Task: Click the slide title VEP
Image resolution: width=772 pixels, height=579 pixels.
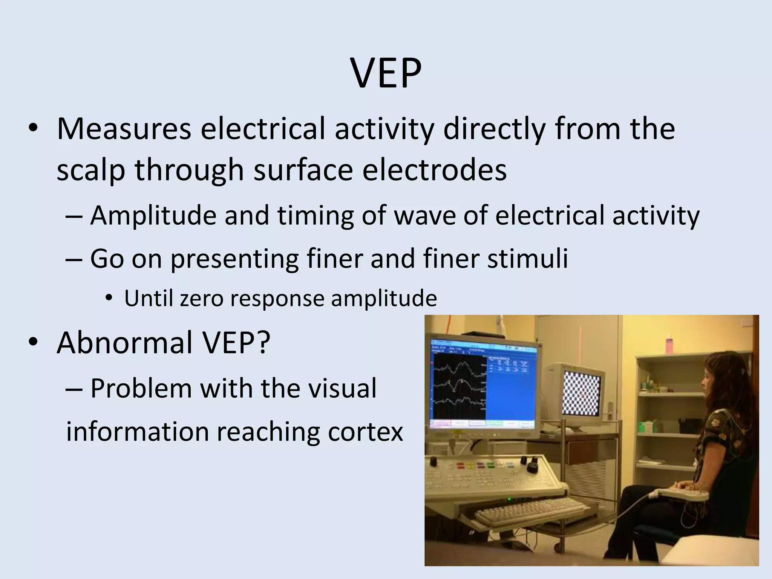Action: coord(386,73)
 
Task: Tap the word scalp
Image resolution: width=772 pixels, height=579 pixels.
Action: coord(90,170)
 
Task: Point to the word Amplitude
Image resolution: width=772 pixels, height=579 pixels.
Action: coord(153,216)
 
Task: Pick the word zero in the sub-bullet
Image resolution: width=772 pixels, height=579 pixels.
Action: coord(202,299)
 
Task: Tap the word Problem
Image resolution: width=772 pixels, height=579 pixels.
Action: coord(141,388)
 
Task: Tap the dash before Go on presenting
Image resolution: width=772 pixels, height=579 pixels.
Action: coord(74,259)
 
